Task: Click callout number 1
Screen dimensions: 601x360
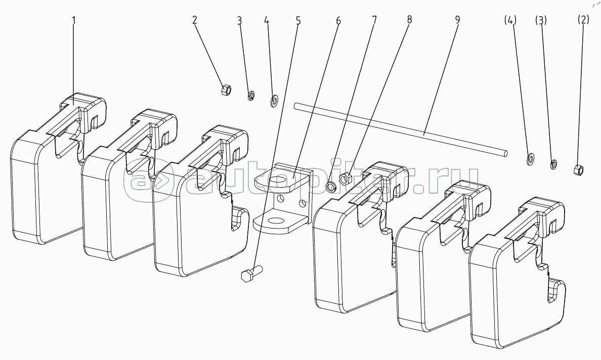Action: (x=74, y=20)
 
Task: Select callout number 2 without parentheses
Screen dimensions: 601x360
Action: (x=195, y=20)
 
